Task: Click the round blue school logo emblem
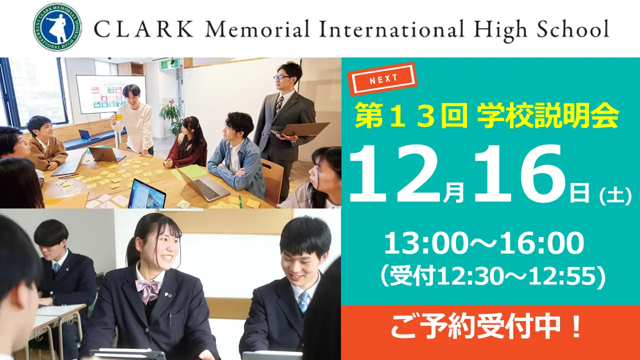[57, 27]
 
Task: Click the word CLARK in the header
[143, 29]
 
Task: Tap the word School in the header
[573, 28]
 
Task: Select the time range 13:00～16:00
[484, 243]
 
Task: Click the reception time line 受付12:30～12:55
[492, 276]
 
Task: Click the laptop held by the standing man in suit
[301, 130]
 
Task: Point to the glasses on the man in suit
[281, 77]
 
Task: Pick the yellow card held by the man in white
[119, 116]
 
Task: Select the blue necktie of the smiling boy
[303, 301]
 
